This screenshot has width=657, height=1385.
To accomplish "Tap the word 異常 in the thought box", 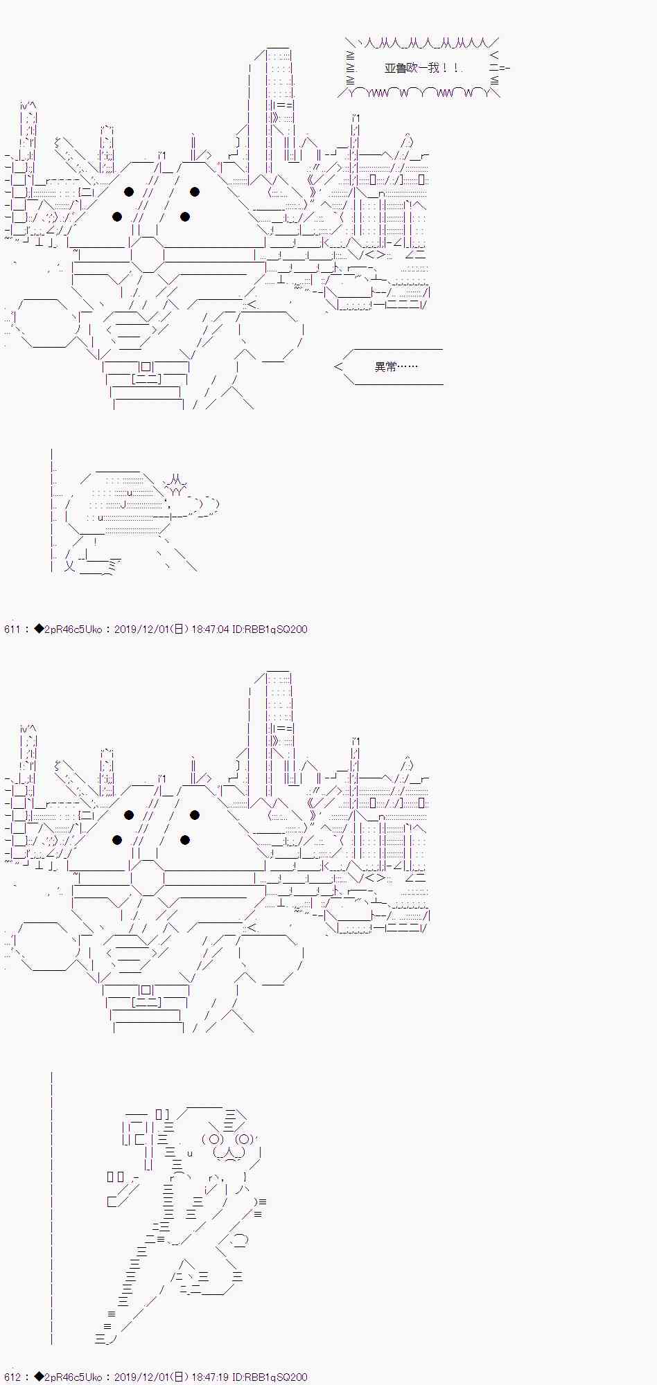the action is coord(385,366).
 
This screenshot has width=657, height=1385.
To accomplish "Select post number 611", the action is coord(12,629).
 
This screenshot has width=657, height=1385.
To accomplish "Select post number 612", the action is coord(12,1377).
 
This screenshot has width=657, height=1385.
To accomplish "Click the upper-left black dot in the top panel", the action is coord(129,192).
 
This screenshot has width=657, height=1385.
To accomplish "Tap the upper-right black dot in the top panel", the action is coord(195,192).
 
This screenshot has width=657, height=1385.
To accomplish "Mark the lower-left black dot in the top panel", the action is coord(117,217).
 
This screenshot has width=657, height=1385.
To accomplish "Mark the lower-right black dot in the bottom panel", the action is coord(185,840).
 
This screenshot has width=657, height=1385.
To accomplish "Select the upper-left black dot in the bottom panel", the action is coord(129,815).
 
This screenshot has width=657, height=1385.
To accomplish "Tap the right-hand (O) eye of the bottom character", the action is coord(244,1139).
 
